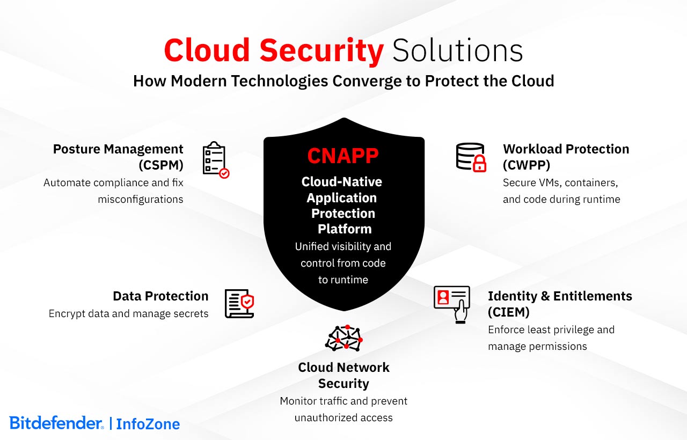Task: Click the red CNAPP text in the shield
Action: [343, 156]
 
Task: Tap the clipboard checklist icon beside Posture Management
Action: [215, 159]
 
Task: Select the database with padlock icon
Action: [470, 157]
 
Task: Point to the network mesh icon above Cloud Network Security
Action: [344, 338]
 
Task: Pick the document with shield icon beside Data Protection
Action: [239, 304]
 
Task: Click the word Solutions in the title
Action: [457, 51]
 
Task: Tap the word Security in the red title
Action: [321, 51]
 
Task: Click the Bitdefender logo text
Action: [56, 423]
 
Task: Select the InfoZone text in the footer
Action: [148, 424]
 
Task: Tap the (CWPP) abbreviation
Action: [527, 165]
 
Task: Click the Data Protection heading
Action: [160, 296]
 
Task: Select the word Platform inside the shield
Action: [344, 229]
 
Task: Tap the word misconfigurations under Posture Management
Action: [141, 200]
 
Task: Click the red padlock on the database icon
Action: [479, 164]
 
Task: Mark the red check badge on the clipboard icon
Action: [224, 173]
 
